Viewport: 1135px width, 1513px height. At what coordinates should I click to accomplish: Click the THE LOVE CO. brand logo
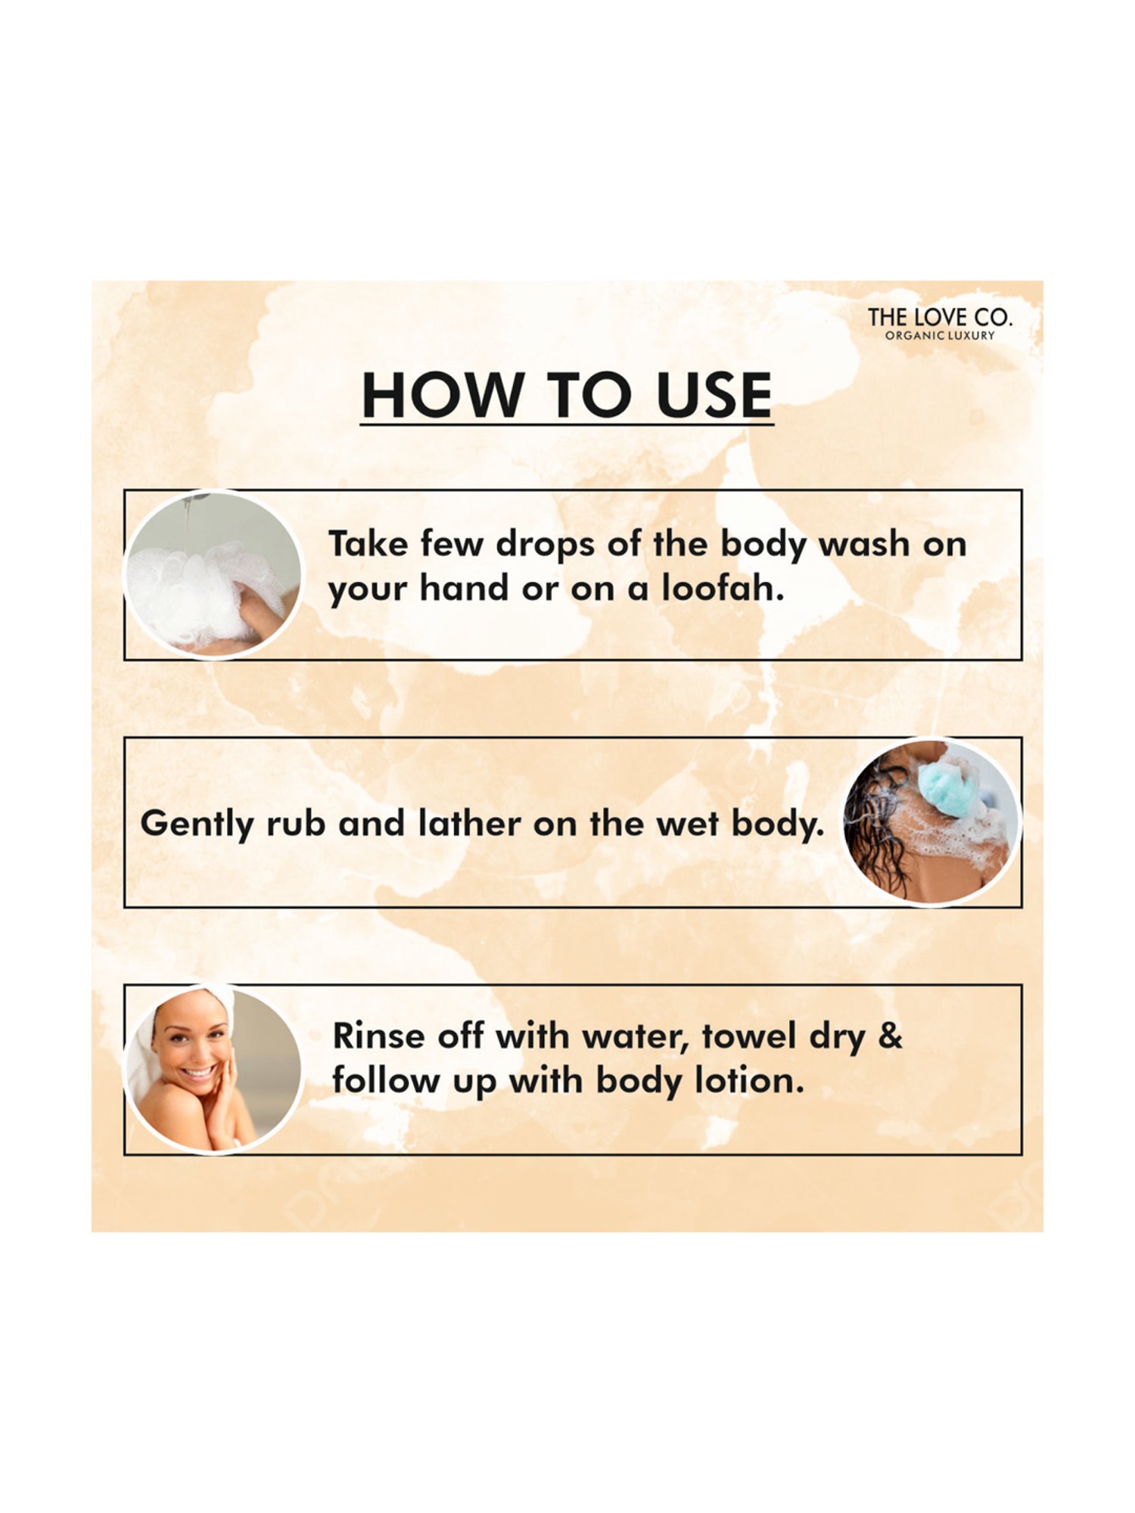coord(939,317)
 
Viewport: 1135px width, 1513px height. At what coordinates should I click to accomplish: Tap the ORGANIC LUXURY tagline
coord(940,335)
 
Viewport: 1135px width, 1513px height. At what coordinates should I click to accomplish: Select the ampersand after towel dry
coord(891,1036)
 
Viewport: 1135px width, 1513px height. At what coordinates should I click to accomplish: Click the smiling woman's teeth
coord(198,1073)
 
